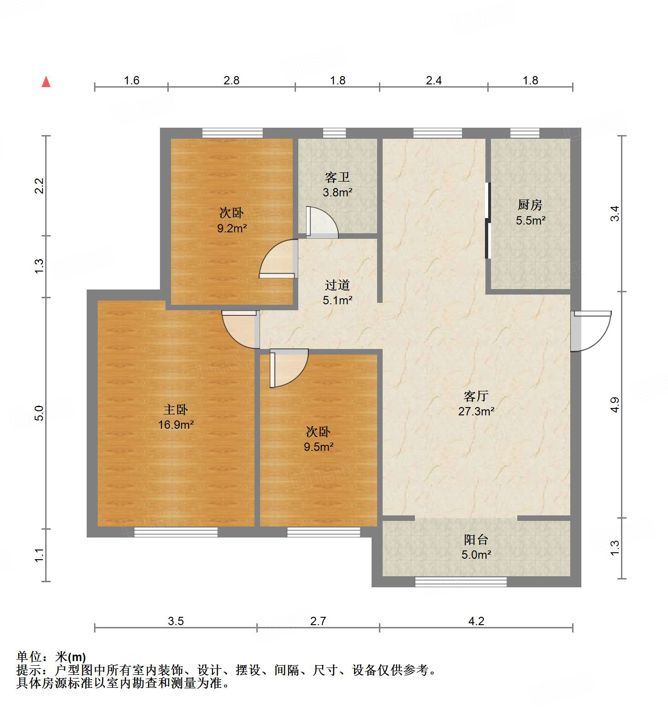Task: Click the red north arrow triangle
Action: (46, 82)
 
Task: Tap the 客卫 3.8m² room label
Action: (337, 185)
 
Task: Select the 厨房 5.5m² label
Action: (530, 213)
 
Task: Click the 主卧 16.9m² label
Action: (176, 417)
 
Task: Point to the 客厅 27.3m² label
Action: (476, 403)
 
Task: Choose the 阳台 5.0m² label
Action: (476, 547)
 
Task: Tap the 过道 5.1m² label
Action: (337, 293)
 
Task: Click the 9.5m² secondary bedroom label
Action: (318, 439)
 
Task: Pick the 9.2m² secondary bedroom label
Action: (231, 220)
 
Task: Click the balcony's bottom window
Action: (461, 582)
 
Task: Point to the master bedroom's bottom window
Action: (176, 532)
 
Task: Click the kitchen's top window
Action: (525, 133)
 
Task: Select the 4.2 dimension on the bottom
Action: (476, 621)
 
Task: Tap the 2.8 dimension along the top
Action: (231, 81)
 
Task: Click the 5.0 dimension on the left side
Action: (39, 413)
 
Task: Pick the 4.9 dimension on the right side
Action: (615, 404)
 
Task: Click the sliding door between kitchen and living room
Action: (488, 220)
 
